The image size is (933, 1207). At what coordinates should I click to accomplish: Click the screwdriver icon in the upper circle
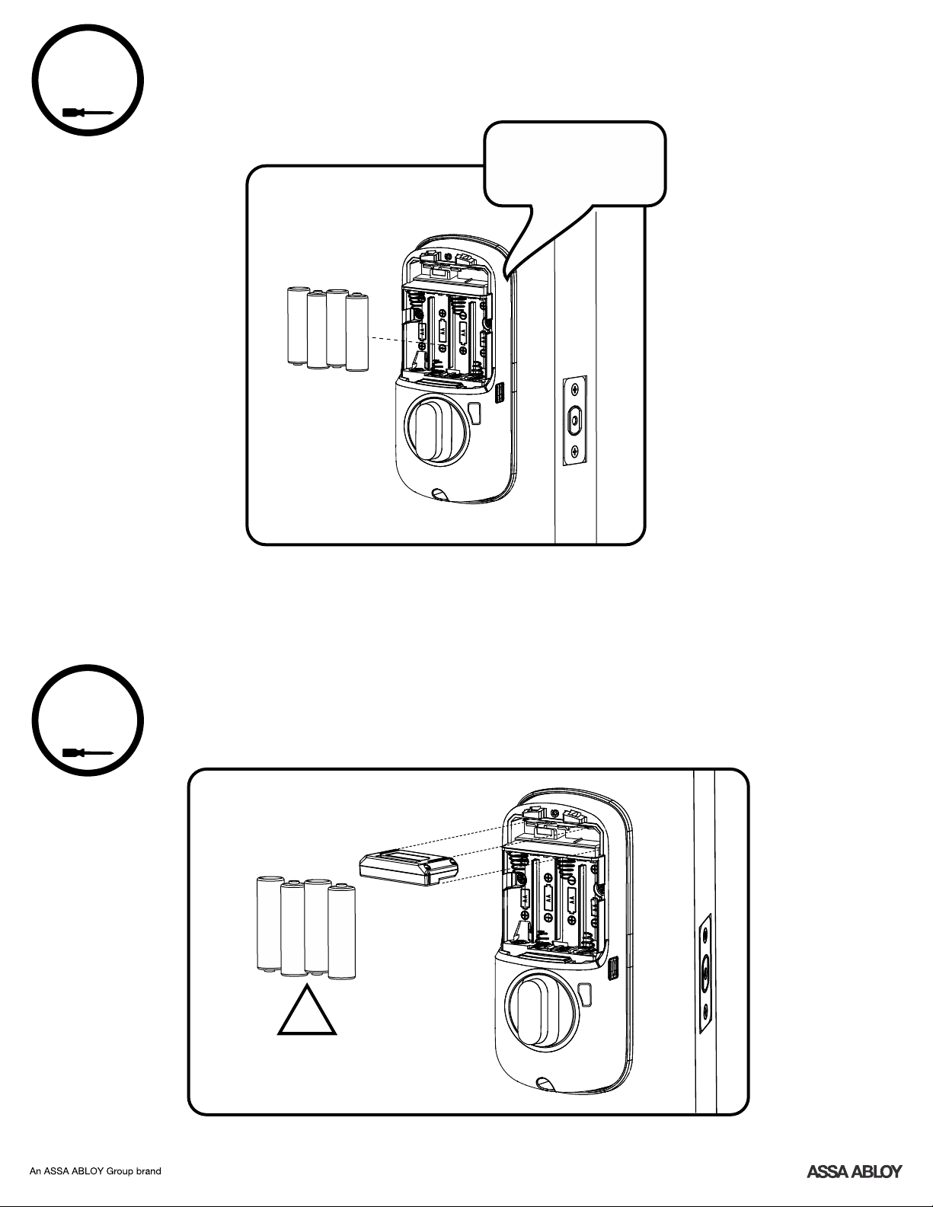[x=88, y=112]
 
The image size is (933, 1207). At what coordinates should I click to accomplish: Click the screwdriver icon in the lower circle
[x=88, y=753]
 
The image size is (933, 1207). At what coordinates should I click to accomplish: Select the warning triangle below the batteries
[x=306, y=1011]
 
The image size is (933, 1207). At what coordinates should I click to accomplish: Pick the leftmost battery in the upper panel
[x=299, y=325]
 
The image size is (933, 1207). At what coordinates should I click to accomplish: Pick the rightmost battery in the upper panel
[x=356, y=332]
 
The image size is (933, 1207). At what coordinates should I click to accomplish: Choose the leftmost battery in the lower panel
[x=270, y=923]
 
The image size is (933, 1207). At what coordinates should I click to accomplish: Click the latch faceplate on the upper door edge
[x=575, y=420]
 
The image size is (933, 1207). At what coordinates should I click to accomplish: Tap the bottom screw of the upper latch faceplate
[x=575, y=451]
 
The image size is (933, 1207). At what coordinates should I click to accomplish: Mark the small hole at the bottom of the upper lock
[x=440, y=493]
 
